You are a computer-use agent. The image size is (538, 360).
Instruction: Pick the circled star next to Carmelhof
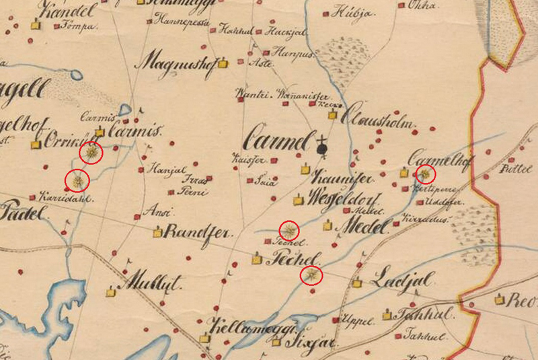[425, 174]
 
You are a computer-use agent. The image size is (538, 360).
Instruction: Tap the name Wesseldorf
[344, 199]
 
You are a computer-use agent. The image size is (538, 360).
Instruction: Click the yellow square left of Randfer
[157, 233]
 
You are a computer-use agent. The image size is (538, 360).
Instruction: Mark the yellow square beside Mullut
[111, 291]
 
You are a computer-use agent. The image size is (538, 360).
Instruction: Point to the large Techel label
[295, 258]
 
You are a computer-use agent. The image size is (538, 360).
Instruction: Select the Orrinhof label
[64, 143]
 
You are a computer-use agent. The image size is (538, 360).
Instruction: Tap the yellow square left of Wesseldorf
[298, 200]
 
